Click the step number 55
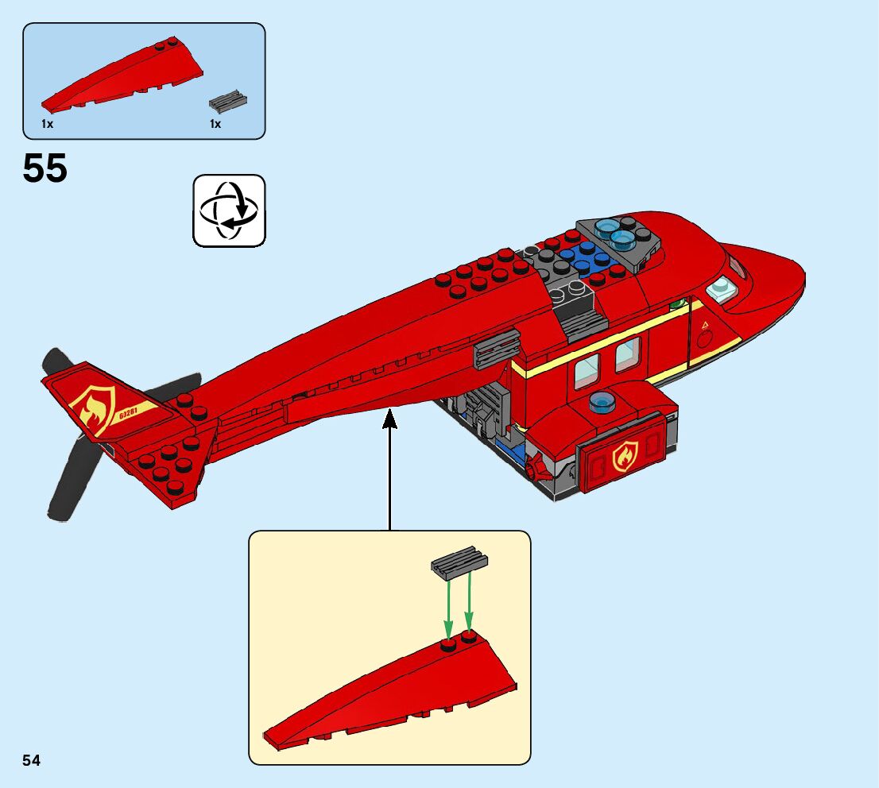click(45, 168)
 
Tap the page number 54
click(31, 761)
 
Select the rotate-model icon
click(229, 211)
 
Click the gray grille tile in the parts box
click(229, 101)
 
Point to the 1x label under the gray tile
click(215, 125)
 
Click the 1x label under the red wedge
click(47, 125)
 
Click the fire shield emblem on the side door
click(625, 457)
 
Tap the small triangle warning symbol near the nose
click(703, 326)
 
